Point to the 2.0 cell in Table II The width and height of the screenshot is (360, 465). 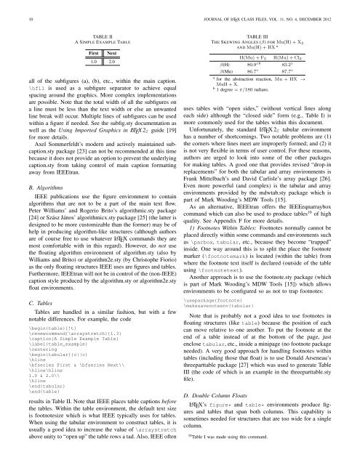coord(103,64)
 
